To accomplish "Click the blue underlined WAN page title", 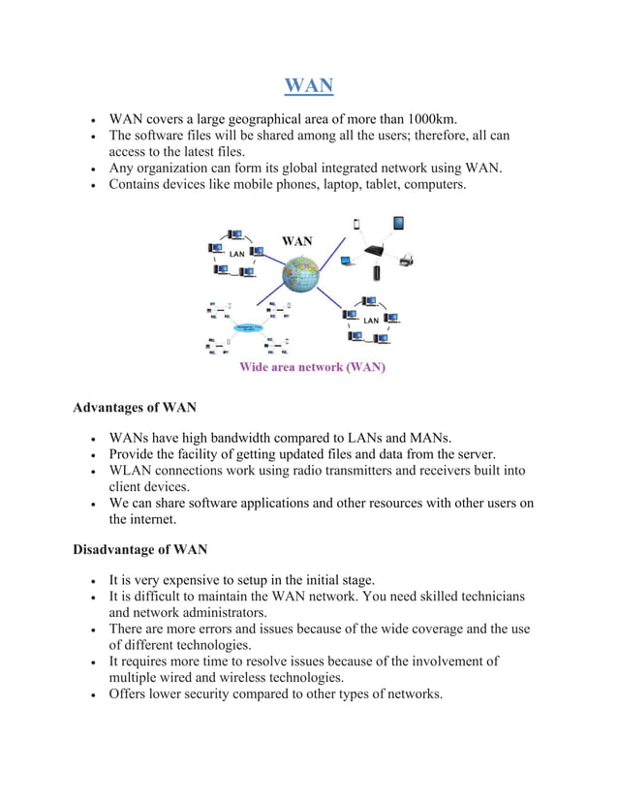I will coord(309,86).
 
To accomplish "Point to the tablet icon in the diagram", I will coord(397,224).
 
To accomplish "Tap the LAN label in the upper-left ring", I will coord(235,255).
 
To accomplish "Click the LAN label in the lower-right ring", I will coord(371,320).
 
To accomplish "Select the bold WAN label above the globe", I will coord(296,241).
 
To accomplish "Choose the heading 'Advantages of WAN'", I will coord(135,407).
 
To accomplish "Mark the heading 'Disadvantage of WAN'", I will coord(140,550).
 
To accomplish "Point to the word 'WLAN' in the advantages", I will coord(131,471).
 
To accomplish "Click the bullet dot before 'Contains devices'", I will coord(92,184).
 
